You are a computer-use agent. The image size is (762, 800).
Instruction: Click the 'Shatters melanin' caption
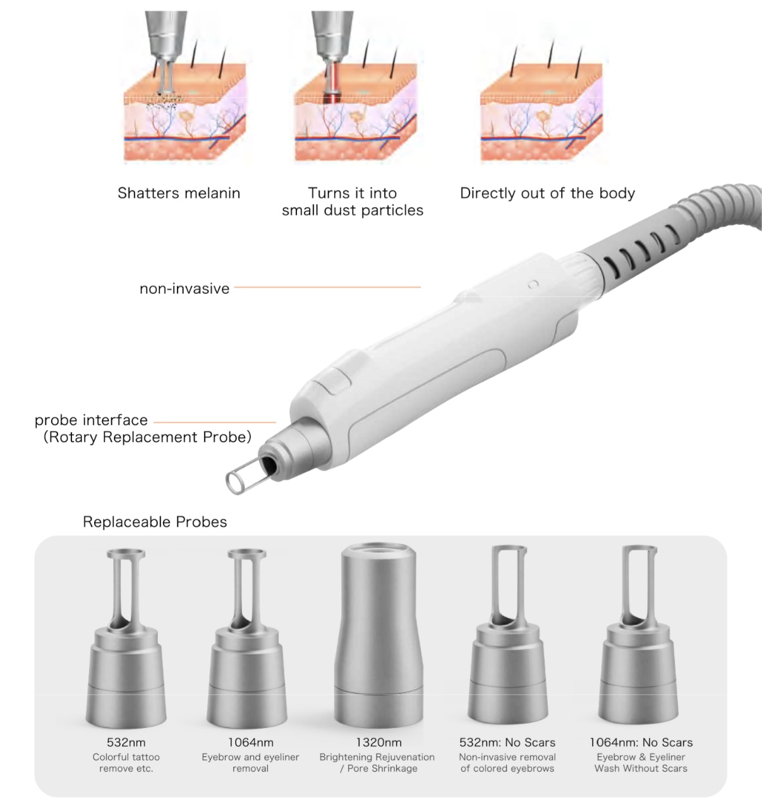[x=179, y=193]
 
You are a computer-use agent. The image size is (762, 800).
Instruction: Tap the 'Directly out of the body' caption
[x=547, y=193]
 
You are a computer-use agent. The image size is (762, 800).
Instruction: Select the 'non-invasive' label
[x=184, y=289]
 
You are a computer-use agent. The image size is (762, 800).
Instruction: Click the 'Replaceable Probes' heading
[x=155, y=522]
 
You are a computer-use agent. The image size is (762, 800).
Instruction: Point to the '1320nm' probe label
[x=378, y=742]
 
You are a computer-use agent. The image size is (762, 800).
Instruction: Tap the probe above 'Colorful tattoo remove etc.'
[x=126, y=638]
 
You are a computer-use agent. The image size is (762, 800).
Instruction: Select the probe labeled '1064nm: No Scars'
[x=638, y=635]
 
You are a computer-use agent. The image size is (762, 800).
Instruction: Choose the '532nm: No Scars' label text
[x=507, y=742]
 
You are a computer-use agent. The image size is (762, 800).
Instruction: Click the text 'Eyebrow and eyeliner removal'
[x=250, y=763]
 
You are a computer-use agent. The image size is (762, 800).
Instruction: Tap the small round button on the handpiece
[x=533, y=284]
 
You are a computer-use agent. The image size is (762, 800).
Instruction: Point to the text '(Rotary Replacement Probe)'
[x=147, y=437]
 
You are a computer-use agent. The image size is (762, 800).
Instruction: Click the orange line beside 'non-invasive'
[x=327, y=287]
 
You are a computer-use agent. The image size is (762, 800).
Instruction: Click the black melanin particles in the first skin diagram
[x=164, y=102]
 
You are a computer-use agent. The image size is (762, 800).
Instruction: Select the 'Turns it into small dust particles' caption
[x=353, y=202]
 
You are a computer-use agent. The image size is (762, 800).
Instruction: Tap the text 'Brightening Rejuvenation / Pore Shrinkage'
[x=377, y=763]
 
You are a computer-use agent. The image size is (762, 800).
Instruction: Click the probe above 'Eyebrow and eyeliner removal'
[x=246, y=638]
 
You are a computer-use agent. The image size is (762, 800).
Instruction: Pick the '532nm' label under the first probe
[x=126, y=742]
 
